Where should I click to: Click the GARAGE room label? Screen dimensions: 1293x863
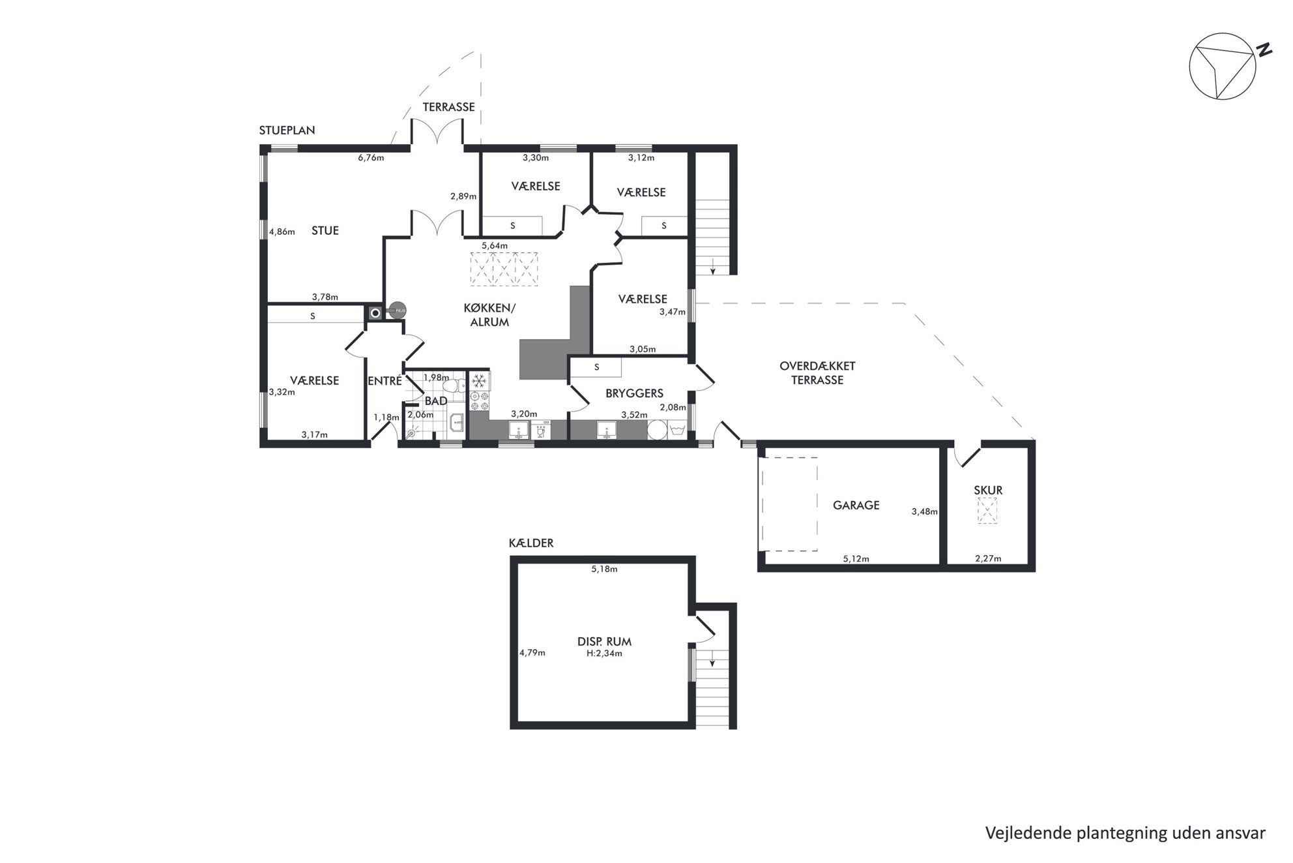[856, 505]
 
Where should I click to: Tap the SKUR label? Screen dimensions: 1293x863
[988, 490]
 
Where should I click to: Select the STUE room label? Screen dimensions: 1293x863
[325, 230]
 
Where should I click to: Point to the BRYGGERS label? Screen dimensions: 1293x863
[634, 393]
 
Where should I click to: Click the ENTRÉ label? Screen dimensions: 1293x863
[385, 381]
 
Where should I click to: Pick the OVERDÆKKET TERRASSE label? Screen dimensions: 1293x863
[817, 373]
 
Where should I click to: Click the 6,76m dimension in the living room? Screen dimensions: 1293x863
[371, 157]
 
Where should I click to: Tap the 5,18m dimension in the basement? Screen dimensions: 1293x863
[604, 569]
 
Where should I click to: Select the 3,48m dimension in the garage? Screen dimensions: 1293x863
[924, 511]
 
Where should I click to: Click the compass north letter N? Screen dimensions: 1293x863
[1264, 50]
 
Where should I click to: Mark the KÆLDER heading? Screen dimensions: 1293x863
[531, 543]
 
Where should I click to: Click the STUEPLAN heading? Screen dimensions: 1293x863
[287, 130]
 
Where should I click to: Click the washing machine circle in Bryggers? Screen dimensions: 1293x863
[657, 430]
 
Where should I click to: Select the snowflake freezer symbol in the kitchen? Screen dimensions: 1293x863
[479, 381]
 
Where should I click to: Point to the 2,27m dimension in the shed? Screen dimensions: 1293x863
[988, 558]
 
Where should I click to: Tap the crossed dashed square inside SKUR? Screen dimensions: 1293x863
[987, 511]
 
